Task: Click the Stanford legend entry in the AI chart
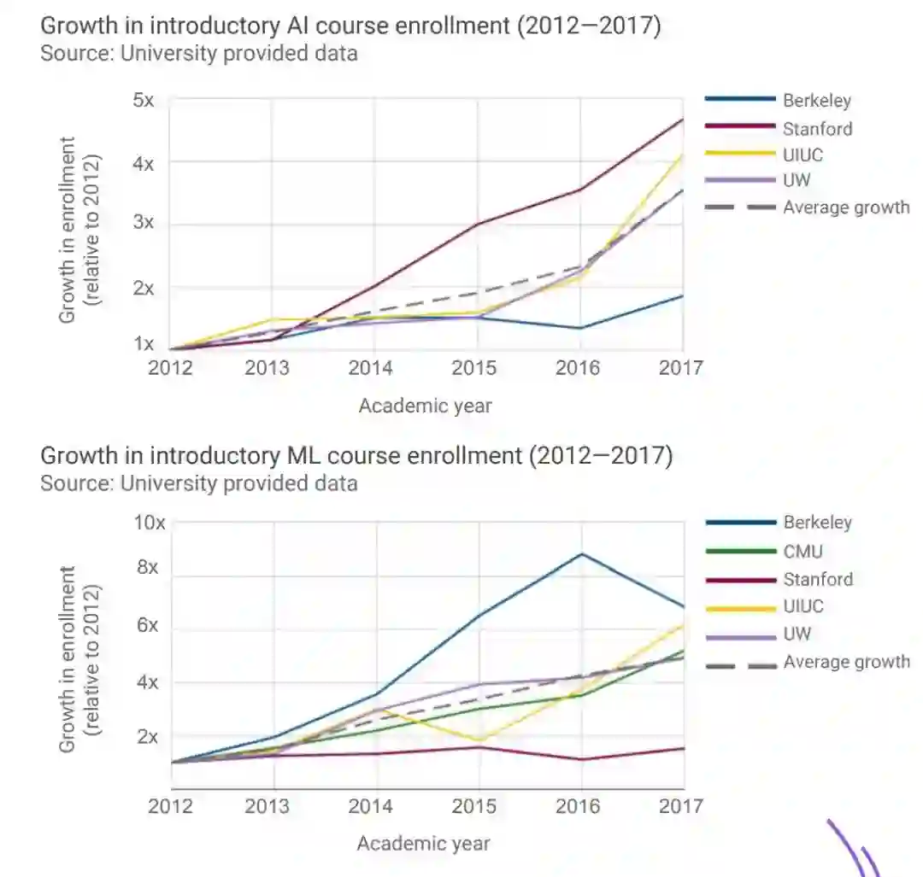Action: pos(817,129)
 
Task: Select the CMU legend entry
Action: pos(802,552)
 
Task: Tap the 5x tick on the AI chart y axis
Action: pos(143,100)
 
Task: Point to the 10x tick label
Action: pos(150,522)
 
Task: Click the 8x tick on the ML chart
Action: pos(148,569)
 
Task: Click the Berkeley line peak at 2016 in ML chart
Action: pos(581,554)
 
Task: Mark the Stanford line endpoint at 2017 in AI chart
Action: pos(683,120)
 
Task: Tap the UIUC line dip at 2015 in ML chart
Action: pos(479,740)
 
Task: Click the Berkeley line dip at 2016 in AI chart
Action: pos(581,328)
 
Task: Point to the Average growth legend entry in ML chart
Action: pos(846,662)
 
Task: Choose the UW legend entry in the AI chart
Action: pos(797,180)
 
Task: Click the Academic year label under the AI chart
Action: pos(425,406)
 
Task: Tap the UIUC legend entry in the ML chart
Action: pos(803,606)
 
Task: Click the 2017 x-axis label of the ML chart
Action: pos(682,806)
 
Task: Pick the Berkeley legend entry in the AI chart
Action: pos(817,101)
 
